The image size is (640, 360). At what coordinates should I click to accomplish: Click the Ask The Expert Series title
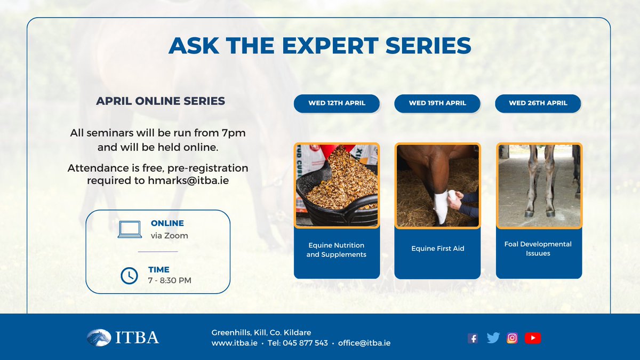(x=320, y=46)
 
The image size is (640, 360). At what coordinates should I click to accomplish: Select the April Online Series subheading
(x=161, y=101)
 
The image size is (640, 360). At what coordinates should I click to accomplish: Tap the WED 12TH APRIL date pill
(x=337, y=103)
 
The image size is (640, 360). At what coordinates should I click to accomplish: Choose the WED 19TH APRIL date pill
(x=437, y=103)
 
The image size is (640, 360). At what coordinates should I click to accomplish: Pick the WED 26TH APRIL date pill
(x=538, y=103)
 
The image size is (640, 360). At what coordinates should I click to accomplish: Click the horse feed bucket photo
(x=337, y=185)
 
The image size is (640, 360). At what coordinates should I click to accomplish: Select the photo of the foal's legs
(x=539, y=185)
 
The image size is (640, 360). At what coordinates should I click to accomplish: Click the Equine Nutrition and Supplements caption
(x=337, y=250)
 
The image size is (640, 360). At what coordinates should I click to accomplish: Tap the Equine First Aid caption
(x=437, y=249)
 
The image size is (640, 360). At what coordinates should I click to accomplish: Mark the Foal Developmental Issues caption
(x=538, y=249)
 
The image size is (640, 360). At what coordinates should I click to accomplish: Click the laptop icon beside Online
(x=130, y=229)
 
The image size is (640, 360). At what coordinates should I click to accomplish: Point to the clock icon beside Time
(x=129, y=275)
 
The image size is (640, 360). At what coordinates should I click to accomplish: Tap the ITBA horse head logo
(x=99, y=338)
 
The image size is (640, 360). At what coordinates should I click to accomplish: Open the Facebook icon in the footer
(x=473, y=338)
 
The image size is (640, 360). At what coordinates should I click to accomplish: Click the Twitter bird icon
(x=493, y=338)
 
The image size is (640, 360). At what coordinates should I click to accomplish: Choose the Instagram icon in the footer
(x=512, y=338)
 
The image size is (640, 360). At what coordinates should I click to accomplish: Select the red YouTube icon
(x=532, y=338)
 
